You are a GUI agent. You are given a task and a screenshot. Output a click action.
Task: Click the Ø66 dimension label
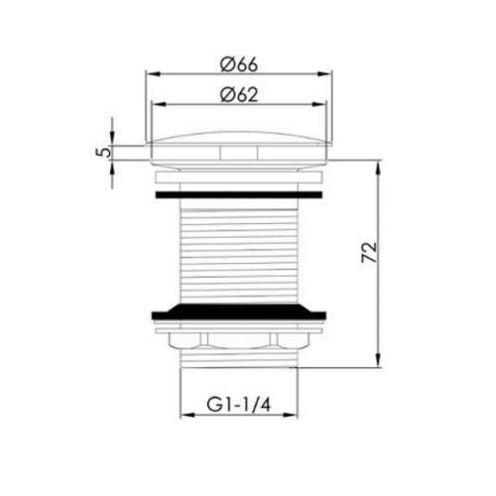click(x=239, y=65)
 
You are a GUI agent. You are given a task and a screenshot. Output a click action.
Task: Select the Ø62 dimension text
click(x=239, y=95)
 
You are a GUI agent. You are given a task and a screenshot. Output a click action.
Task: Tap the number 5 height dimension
click(x=105, y=153)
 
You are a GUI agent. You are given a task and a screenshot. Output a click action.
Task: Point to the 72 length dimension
click(x=369, y=252)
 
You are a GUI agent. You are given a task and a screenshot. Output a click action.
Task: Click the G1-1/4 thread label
click(x=239, y=405)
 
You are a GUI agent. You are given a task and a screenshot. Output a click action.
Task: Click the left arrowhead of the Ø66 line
click(x=153, y=74)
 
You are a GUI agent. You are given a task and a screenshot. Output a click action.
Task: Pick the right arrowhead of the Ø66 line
click(x=324, y=74)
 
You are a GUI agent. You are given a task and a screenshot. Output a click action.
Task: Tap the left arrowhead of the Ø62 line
click(x=158, y=104)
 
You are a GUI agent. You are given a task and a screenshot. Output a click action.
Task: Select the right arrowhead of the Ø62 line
click(x=318, y=104)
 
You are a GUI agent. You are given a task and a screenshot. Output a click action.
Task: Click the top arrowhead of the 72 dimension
click(x=378, y=168)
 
